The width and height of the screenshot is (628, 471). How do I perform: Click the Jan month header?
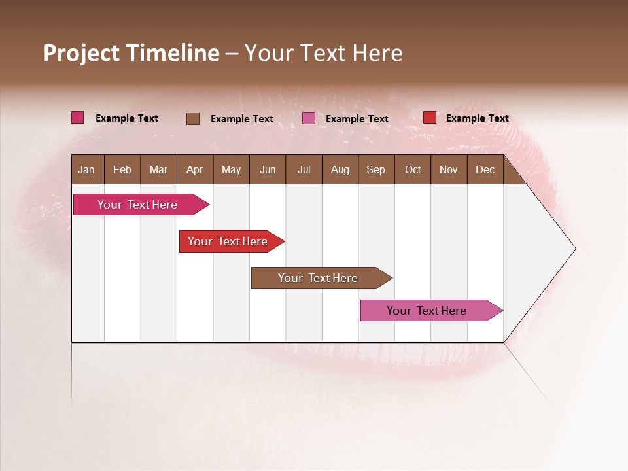(x=86, y=169)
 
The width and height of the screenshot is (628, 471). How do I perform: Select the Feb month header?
(x=122, y=169)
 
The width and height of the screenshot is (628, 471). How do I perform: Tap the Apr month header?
(x=194, y=169)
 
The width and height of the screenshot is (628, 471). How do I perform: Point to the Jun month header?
(x=268, y=169)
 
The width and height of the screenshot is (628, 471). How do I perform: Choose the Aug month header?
(x=340, y=169)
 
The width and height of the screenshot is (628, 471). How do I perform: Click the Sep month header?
(x=375, y=169)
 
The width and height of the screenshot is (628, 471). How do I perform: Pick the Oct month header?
(x=413, y=169)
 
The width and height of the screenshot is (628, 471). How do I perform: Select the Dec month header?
(x=485, y=169)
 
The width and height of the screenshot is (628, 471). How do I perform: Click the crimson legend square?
(x=78, y=118)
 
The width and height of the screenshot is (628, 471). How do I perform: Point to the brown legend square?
(x=193, y=118)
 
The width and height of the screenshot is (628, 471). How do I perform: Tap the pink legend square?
(x=309, y=118)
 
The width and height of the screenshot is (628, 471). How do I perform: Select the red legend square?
(x=430, y=118)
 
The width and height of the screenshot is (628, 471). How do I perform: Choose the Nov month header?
(x=449, y=169)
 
